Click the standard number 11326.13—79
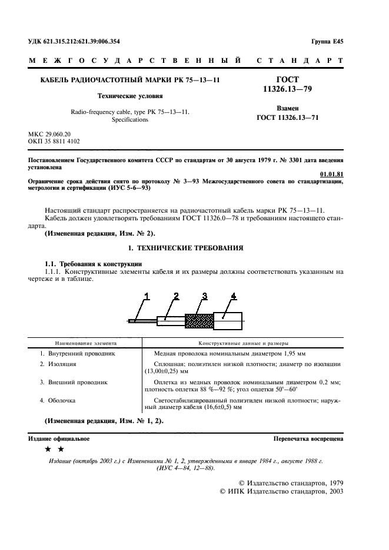(x=281, y=88)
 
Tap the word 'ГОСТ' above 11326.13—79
(x=281, y=79)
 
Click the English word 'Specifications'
(x=129, y=119)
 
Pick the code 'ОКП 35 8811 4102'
(x=55, y=142)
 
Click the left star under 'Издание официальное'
(x=48, y=450)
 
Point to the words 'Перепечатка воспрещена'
(x=308, y=439)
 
